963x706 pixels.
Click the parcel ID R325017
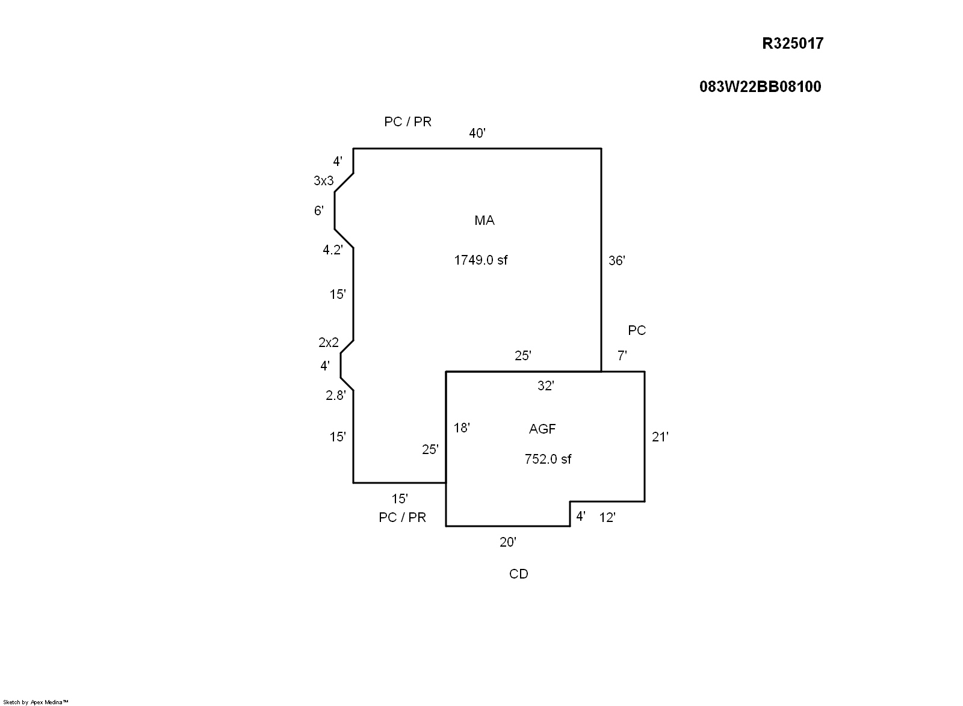[x=793, y=43]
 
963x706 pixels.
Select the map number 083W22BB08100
[x=760, y=87]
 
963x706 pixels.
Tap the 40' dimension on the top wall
[x=477, y=134]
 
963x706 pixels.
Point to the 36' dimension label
[x=617, y=260]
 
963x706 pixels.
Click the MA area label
[x=485, y=221]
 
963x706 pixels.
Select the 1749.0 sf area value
[x=480, y=260]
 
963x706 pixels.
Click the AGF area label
[x=542, y=429]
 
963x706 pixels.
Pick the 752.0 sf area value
[x=548, y=459]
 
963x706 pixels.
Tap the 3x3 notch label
[x=323, y=180]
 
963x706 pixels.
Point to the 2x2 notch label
[x=329, y=343]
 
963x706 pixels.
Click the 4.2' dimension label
[x=333, y=250]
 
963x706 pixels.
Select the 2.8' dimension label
[x=336, y=395]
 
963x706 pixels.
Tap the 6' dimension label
[x=319, y=210]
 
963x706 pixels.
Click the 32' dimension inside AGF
[x=545, y=386]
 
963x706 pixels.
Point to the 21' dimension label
[x=660, y=437]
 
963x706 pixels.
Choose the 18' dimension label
[x=462, y=428]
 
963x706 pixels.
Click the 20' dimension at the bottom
[x=508, y=542]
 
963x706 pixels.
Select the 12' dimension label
[x=607, y=517]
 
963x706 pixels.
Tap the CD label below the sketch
[x=518, y=574]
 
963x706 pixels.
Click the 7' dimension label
[x=622, y=356]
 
